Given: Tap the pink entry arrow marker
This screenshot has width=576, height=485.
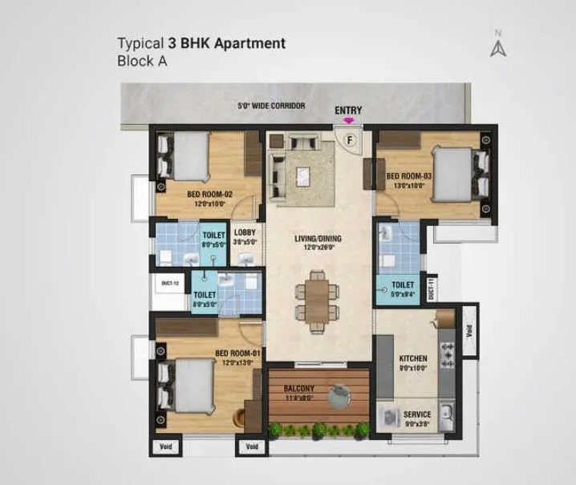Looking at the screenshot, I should pyautogui.click(x=348, y=120).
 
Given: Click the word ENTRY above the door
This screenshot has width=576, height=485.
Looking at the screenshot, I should pyautogui.click(x=348, y=111).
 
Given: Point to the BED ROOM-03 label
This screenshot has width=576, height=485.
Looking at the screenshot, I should pyautogui.click(x=409, y=176).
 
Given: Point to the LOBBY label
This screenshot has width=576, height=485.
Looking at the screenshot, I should pyautogui.click(x=245, y=232).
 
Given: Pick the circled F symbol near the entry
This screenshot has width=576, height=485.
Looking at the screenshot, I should pyautogui.click(x=349, y=139).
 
